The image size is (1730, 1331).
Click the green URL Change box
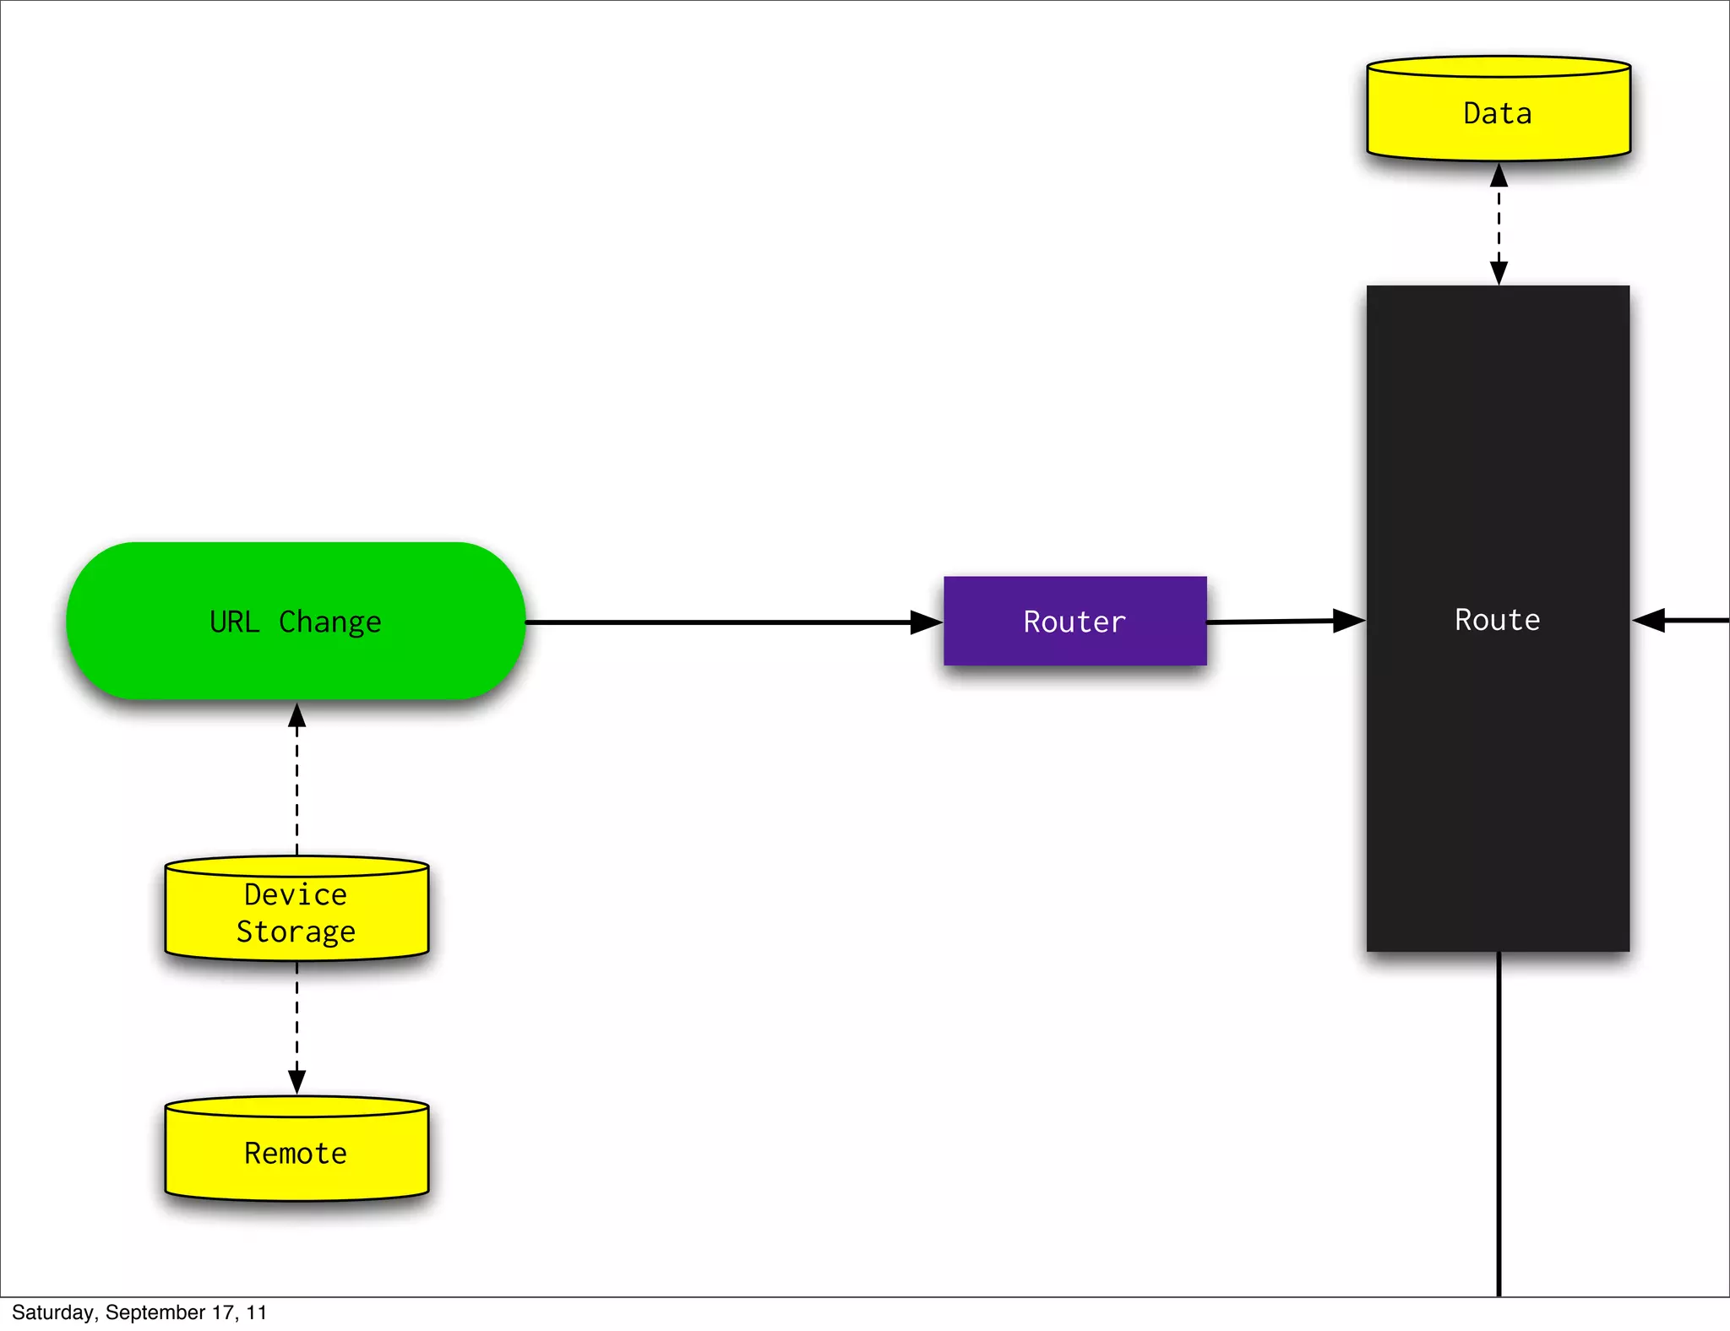[296, 621]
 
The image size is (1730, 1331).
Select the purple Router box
[1074, 621]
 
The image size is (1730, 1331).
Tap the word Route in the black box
[1497, 620]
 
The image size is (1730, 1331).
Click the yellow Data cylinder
[1498, 113]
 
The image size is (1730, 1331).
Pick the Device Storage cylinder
[296, 912]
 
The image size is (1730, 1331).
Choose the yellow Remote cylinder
[296, 1153]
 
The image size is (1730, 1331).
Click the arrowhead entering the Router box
[926, 622]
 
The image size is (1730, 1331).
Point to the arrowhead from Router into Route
[1348, 621]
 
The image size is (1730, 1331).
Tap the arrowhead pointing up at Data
[1499, 176]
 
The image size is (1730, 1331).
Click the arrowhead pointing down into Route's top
[1499, 273]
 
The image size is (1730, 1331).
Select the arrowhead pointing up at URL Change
[296, 716]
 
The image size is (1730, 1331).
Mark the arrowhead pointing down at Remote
[296, 1081]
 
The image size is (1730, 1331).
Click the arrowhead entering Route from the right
[1650, 620]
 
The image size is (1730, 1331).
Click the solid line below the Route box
[1499, 1123]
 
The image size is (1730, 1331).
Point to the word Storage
[296, 932]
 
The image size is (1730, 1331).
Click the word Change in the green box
[329, 622]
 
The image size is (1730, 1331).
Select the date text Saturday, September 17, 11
[139, 1312]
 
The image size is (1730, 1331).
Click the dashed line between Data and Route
[1499, 224]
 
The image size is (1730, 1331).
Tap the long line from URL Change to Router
[718, 622]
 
